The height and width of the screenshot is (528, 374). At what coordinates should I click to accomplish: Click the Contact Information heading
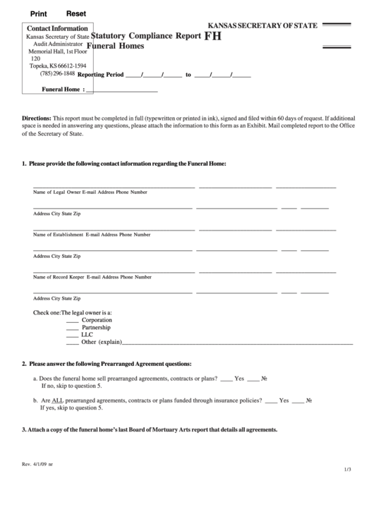pyautogui.click(x=57, y=28)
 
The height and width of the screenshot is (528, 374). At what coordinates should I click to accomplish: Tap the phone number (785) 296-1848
pyautogui.click(x=53, y=73)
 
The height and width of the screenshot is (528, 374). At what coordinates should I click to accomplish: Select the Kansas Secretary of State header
pyautogui.click(x=263, y=26)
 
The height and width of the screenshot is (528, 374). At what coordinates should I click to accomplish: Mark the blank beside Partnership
pyautogui.click(x=72, y=329)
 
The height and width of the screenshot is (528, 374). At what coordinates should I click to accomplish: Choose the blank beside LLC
pyautogui.click(x=72, y=336)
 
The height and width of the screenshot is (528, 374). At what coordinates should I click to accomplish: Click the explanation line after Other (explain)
pyautogui.click(x=237, y=343)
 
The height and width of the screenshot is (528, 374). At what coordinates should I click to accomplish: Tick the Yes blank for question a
pyautogui.click(x=227, y=379)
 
